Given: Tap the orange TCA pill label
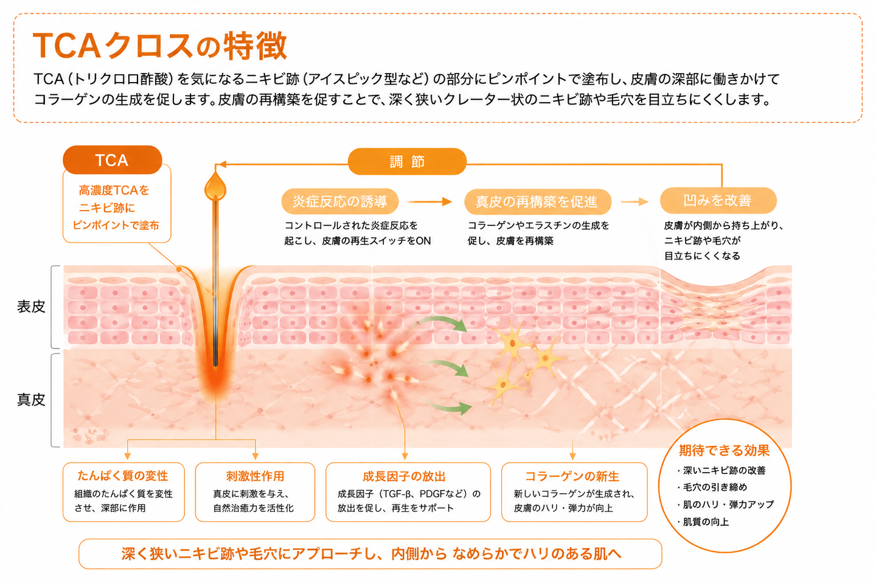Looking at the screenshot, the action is (x=112, y=160).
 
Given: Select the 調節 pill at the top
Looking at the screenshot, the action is (x=407, y=162).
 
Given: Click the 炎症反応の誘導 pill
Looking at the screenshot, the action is (x=340, y=201).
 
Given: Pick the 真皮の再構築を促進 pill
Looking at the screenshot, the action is (x=537, y=202).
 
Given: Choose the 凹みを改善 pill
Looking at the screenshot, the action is (x=718, y=200).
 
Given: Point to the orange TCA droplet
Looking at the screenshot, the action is (x=215, y=187).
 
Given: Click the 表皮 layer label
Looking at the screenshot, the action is (x=31, y=307).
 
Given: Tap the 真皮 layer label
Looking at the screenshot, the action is (x=31, y=400).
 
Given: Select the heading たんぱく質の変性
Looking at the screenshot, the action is (x=123, y=476).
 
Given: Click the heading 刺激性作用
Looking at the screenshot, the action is (x=255, y=476).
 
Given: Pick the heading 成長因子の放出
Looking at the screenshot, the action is (x=404, y=476).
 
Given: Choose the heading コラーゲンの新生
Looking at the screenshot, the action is (x=572, y=476).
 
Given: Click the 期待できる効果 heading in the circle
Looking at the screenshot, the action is (x=725, y=451).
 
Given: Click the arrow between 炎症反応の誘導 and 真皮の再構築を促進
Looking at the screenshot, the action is (x=429, y=202).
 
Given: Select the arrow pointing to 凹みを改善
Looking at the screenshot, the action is (x=634, y=202).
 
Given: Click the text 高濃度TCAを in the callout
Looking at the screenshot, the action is (x=114, y=190).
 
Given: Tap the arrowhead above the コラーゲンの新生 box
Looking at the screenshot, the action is (x=572, y=456).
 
